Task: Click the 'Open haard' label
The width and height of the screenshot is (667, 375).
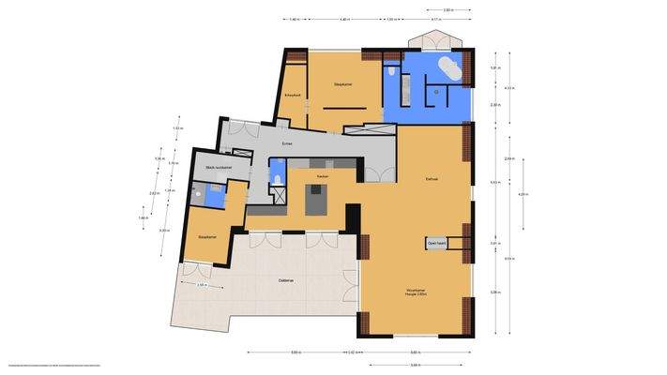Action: pyautogui.click(x=436, y=243)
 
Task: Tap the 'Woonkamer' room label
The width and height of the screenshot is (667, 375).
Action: pyautogui.click(x=417, y=291)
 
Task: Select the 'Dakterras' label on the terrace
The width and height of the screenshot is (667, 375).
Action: pyautogui.click(x=288, y=280)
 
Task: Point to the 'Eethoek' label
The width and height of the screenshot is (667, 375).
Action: pyautogui.click(x=432, y=178)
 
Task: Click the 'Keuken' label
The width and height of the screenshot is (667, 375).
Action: pyautogui.click(x=322, y=176)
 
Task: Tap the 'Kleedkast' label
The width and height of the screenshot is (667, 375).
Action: pyautogui.click(x=292, y=96)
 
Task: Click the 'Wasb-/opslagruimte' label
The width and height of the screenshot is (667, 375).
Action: pyautogui.click(x=219, y=168)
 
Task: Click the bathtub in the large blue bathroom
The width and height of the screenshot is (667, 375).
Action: pyautogui.click(x=448, y=71)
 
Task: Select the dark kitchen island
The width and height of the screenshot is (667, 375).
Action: pyautogui.click(x=317, y=199)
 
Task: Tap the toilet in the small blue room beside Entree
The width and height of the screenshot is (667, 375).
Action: pyautogui.click(x=276, y=178)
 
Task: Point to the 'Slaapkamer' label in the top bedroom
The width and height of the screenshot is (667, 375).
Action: pyautogui.click(x=343, y=84)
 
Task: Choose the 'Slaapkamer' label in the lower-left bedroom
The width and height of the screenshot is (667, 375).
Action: pyautogui.click(x=207, y=237)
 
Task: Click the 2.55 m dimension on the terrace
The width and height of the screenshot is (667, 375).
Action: pyautogui.click(x=202, y=285)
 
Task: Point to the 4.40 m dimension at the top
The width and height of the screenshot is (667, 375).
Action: pyautogui.click(x=344, y=19)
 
